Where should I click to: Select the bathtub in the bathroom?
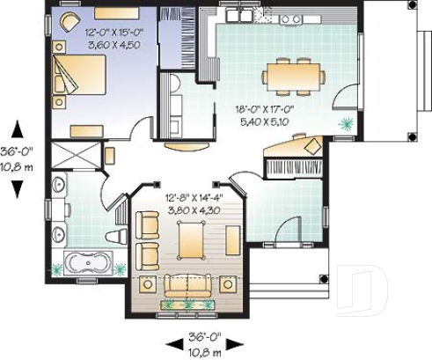[x=88, y=263]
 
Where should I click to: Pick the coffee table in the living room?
[x=190, y=239]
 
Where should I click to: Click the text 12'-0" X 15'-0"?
[x=114, y=32]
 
